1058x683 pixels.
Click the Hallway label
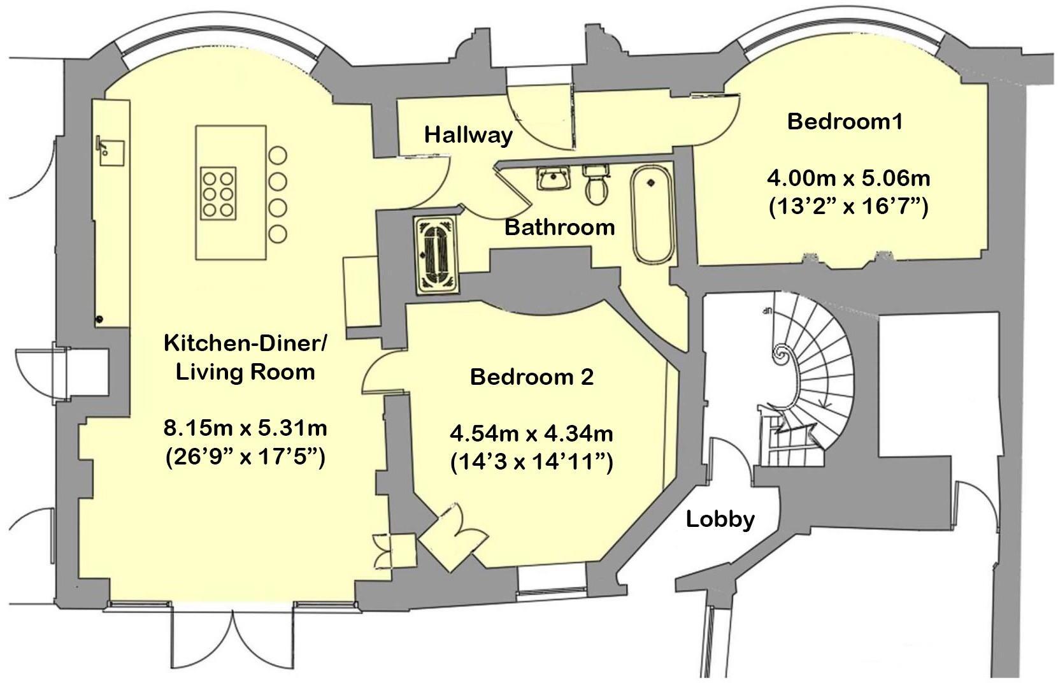click(468, 135)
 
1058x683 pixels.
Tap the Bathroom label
click(559, 227)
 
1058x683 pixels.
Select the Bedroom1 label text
click(845, 122)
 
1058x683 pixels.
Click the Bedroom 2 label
click(531, 377)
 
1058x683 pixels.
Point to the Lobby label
click(720, 519)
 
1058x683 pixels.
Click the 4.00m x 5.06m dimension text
click(848, 178)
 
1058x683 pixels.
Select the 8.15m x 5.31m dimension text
click(245, 428)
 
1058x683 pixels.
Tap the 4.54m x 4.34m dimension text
click(531, 435)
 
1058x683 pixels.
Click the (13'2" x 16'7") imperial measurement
click(848, 206)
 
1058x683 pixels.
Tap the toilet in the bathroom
click(597, 186)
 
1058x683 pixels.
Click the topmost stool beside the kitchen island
click(278, 155)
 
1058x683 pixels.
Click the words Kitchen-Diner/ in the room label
click(245, 343)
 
